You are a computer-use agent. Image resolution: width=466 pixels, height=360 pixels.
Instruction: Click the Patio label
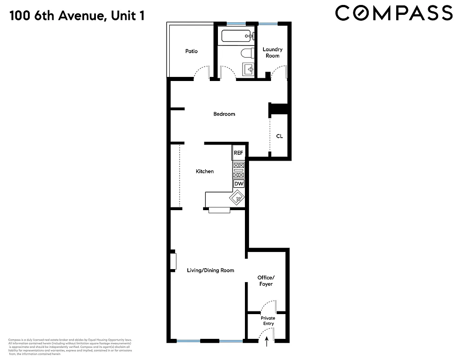[191, 51]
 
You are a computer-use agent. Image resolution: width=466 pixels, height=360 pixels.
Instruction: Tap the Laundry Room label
[272, 53]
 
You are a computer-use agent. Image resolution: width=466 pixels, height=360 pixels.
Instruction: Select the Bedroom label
[224, 114]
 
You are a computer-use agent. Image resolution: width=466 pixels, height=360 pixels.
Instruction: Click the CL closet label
[279, 136]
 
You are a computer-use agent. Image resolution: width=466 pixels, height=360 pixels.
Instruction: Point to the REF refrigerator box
[238, 153]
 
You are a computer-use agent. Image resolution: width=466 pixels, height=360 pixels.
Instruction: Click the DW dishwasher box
[239, 184]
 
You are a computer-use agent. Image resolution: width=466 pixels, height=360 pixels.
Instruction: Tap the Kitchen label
[204, 171]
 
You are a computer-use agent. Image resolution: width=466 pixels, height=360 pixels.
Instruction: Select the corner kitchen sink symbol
[237, 197]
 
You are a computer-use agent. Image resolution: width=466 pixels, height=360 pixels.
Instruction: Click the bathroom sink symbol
[248, 70]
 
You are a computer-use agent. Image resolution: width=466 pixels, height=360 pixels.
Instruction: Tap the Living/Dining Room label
[211, 270]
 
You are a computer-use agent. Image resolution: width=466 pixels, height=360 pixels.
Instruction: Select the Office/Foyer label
[265, 281]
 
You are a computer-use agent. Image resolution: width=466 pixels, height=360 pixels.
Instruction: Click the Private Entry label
[268, 321]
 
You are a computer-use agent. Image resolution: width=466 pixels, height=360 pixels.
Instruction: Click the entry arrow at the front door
[268, 342]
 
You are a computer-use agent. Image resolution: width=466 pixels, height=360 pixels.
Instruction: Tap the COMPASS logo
[394, 13]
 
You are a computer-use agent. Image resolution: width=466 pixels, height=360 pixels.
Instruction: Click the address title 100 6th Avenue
[77, 17]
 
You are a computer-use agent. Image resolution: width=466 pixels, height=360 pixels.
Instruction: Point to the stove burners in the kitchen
[238, 171]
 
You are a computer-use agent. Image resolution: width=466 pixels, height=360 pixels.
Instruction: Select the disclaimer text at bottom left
[70, 347]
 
